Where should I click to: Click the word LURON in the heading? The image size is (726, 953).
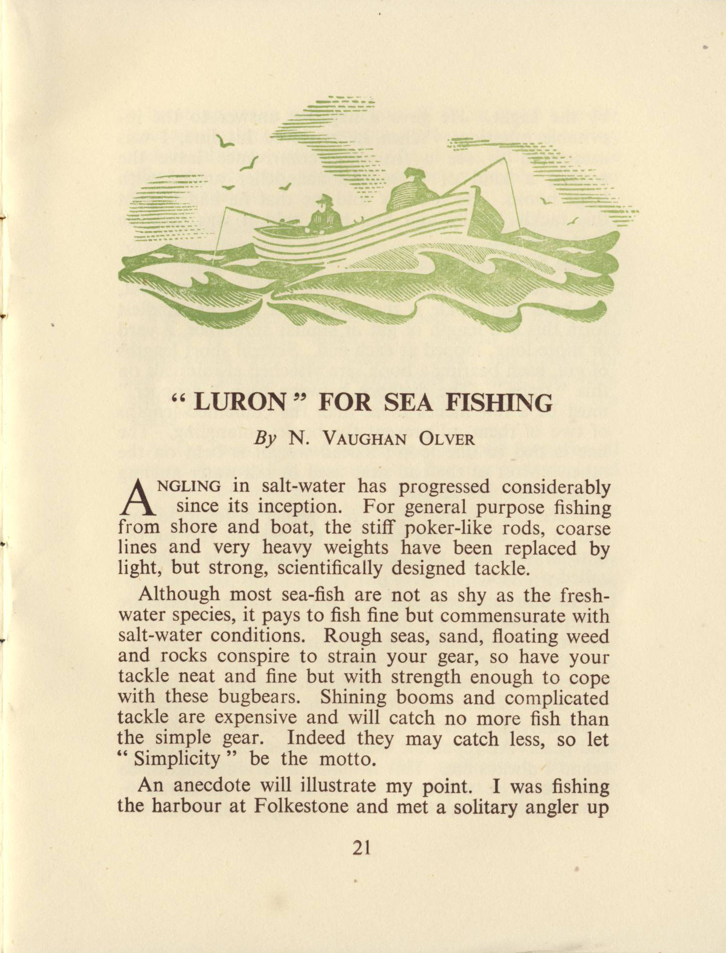tap(238, 403)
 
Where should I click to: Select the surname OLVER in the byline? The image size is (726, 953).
tap(447, 439)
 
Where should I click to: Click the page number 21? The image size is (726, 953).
tap(362, 848)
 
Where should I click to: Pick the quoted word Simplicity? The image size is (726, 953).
tap(177, 759)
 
